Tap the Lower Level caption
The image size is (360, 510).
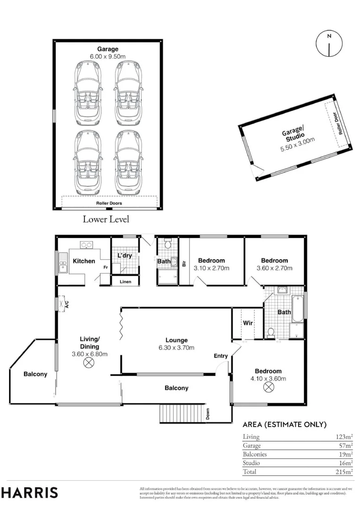click(x=106, y=219)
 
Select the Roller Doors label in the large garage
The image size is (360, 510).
click(x=109, y=203)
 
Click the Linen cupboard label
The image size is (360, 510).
click(x=126, y=281)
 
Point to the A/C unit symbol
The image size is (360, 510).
click(x=61, y=304)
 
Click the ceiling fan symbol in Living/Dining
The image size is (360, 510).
click(x=88, y=363)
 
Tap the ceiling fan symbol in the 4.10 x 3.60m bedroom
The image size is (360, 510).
click(x=268, y=387)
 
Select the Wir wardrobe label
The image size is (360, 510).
click(x=248, y=323)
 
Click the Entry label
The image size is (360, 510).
click(x=221, y=356)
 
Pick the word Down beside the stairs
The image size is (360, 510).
click(x=208, y=414)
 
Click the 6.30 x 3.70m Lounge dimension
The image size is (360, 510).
click(x=176, y=348)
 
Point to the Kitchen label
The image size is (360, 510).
click(x=84, y=261)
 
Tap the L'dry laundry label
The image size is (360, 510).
click(x=125, y=255)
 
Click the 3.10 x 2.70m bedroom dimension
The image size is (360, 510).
click(x=211, y=268)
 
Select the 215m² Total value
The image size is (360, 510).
click(x=344, y=471)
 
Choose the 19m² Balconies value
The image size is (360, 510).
click(x=346, y=454)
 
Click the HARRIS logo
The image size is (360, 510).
click(x=29, y=493)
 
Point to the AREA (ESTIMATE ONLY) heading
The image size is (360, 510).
click(x=285, y=425)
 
